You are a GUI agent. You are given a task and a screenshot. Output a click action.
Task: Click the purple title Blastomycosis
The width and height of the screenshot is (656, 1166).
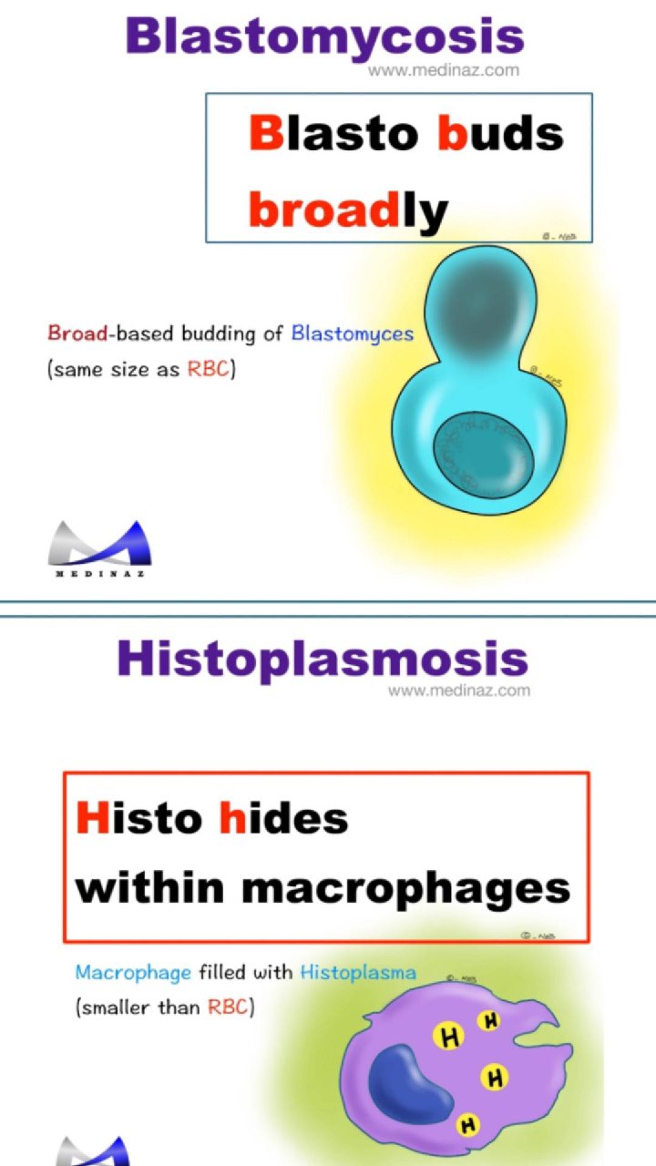(325, 38)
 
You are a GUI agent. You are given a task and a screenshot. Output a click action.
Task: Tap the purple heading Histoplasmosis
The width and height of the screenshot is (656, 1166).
(323, 659)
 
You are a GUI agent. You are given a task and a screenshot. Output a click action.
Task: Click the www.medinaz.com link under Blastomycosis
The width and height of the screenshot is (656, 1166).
(444, 70)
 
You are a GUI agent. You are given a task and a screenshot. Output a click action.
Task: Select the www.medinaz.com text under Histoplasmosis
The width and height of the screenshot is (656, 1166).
(459, 690)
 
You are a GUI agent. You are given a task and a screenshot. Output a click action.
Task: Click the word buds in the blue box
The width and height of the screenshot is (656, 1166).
(500, 133)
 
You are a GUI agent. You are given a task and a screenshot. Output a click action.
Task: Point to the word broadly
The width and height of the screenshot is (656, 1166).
(348, 210)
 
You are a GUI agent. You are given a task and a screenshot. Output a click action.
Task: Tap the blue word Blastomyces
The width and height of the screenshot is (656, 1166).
(353, 334)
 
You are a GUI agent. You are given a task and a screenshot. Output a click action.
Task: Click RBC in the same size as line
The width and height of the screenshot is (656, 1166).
(209, 369)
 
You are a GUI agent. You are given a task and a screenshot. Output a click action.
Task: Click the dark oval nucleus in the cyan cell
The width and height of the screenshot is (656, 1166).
(484, 455)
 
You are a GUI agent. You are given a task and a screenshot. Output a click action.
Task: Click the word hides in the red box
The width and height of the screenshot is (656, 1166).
(283, 818)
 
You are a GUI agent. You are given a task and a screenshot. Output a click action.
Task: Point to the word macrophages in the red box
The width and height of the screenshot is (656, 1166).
(406, 889)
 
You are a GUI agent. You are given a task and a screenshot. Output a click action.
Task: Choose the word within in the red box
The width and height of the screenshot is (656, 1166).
(150, 886)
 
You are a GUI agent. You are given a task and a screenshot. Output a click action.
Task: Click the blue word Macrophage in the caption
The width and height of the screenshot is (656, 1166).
(133, 973)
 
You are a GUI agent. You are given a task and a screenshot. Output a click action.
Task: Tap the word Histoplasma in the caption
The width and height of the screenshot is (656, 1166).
(358, 972)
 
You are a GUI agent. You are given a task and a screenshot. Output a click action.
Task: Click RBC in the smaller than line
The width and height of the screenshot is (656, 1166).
(228, 1007)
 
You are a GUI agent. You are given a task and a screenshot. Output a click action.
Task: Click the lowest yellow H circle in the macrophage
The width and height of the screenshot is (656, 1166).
(468, 1126)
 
